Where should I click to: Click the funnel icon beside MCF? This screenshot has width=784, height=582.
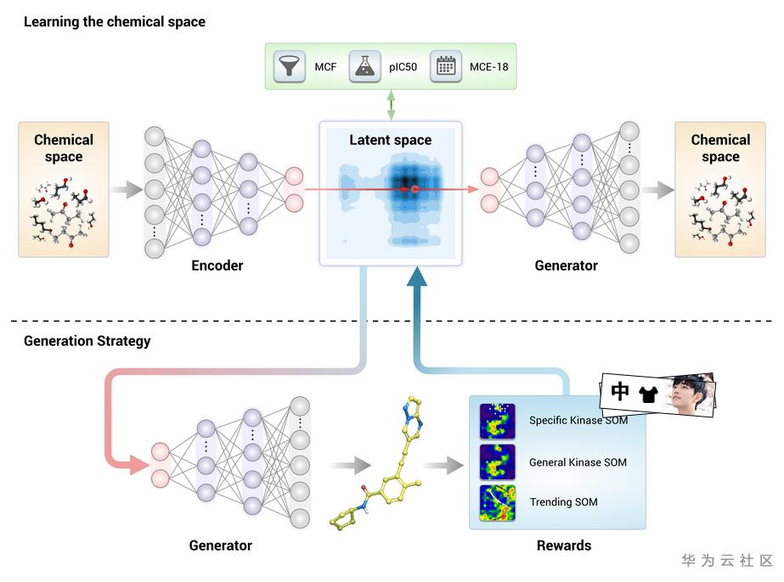[290, 66]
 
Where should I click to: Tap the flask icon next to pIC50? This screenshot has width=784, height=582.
[365, 66]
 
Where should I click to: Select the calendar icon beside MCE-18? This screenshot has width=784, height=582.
[445, 66]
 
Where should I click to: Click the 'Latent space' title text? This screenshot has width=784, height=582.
[391, 140]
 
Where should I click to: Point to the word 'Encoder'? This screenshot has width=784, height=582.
[217, 266]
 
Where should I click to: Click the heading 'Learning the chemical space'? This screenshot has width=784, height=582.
[115, 21]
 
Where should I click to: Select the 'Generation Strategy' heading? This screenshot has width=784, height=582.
[87, 341]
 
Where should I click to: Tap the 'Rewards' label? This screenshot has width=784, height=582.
[564, 546]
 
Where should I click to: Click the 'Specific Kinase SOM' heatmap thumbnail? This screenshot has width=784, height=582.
[497, 421]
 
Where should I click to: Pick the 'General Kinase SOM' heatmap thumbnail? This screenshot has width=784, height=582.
[497, 462]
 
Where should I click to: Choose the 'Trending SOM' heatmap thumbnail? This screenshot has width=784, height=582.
[497, 502]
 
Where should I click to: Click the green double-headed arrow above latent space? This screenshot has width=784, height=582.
[392, 105]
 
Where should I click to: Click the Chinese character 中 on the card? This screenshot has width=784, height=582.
[621, 391]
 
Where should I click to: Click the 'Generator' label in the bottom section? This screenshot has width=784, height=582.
[221, 546]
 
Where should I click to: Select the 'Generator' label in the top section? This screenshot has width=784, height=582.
[566, 266]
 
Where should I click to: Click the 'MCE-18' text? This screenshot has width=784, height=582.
[489, 66]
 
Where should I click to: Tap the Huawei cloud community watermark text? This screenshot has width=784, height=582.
[727, 561]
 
